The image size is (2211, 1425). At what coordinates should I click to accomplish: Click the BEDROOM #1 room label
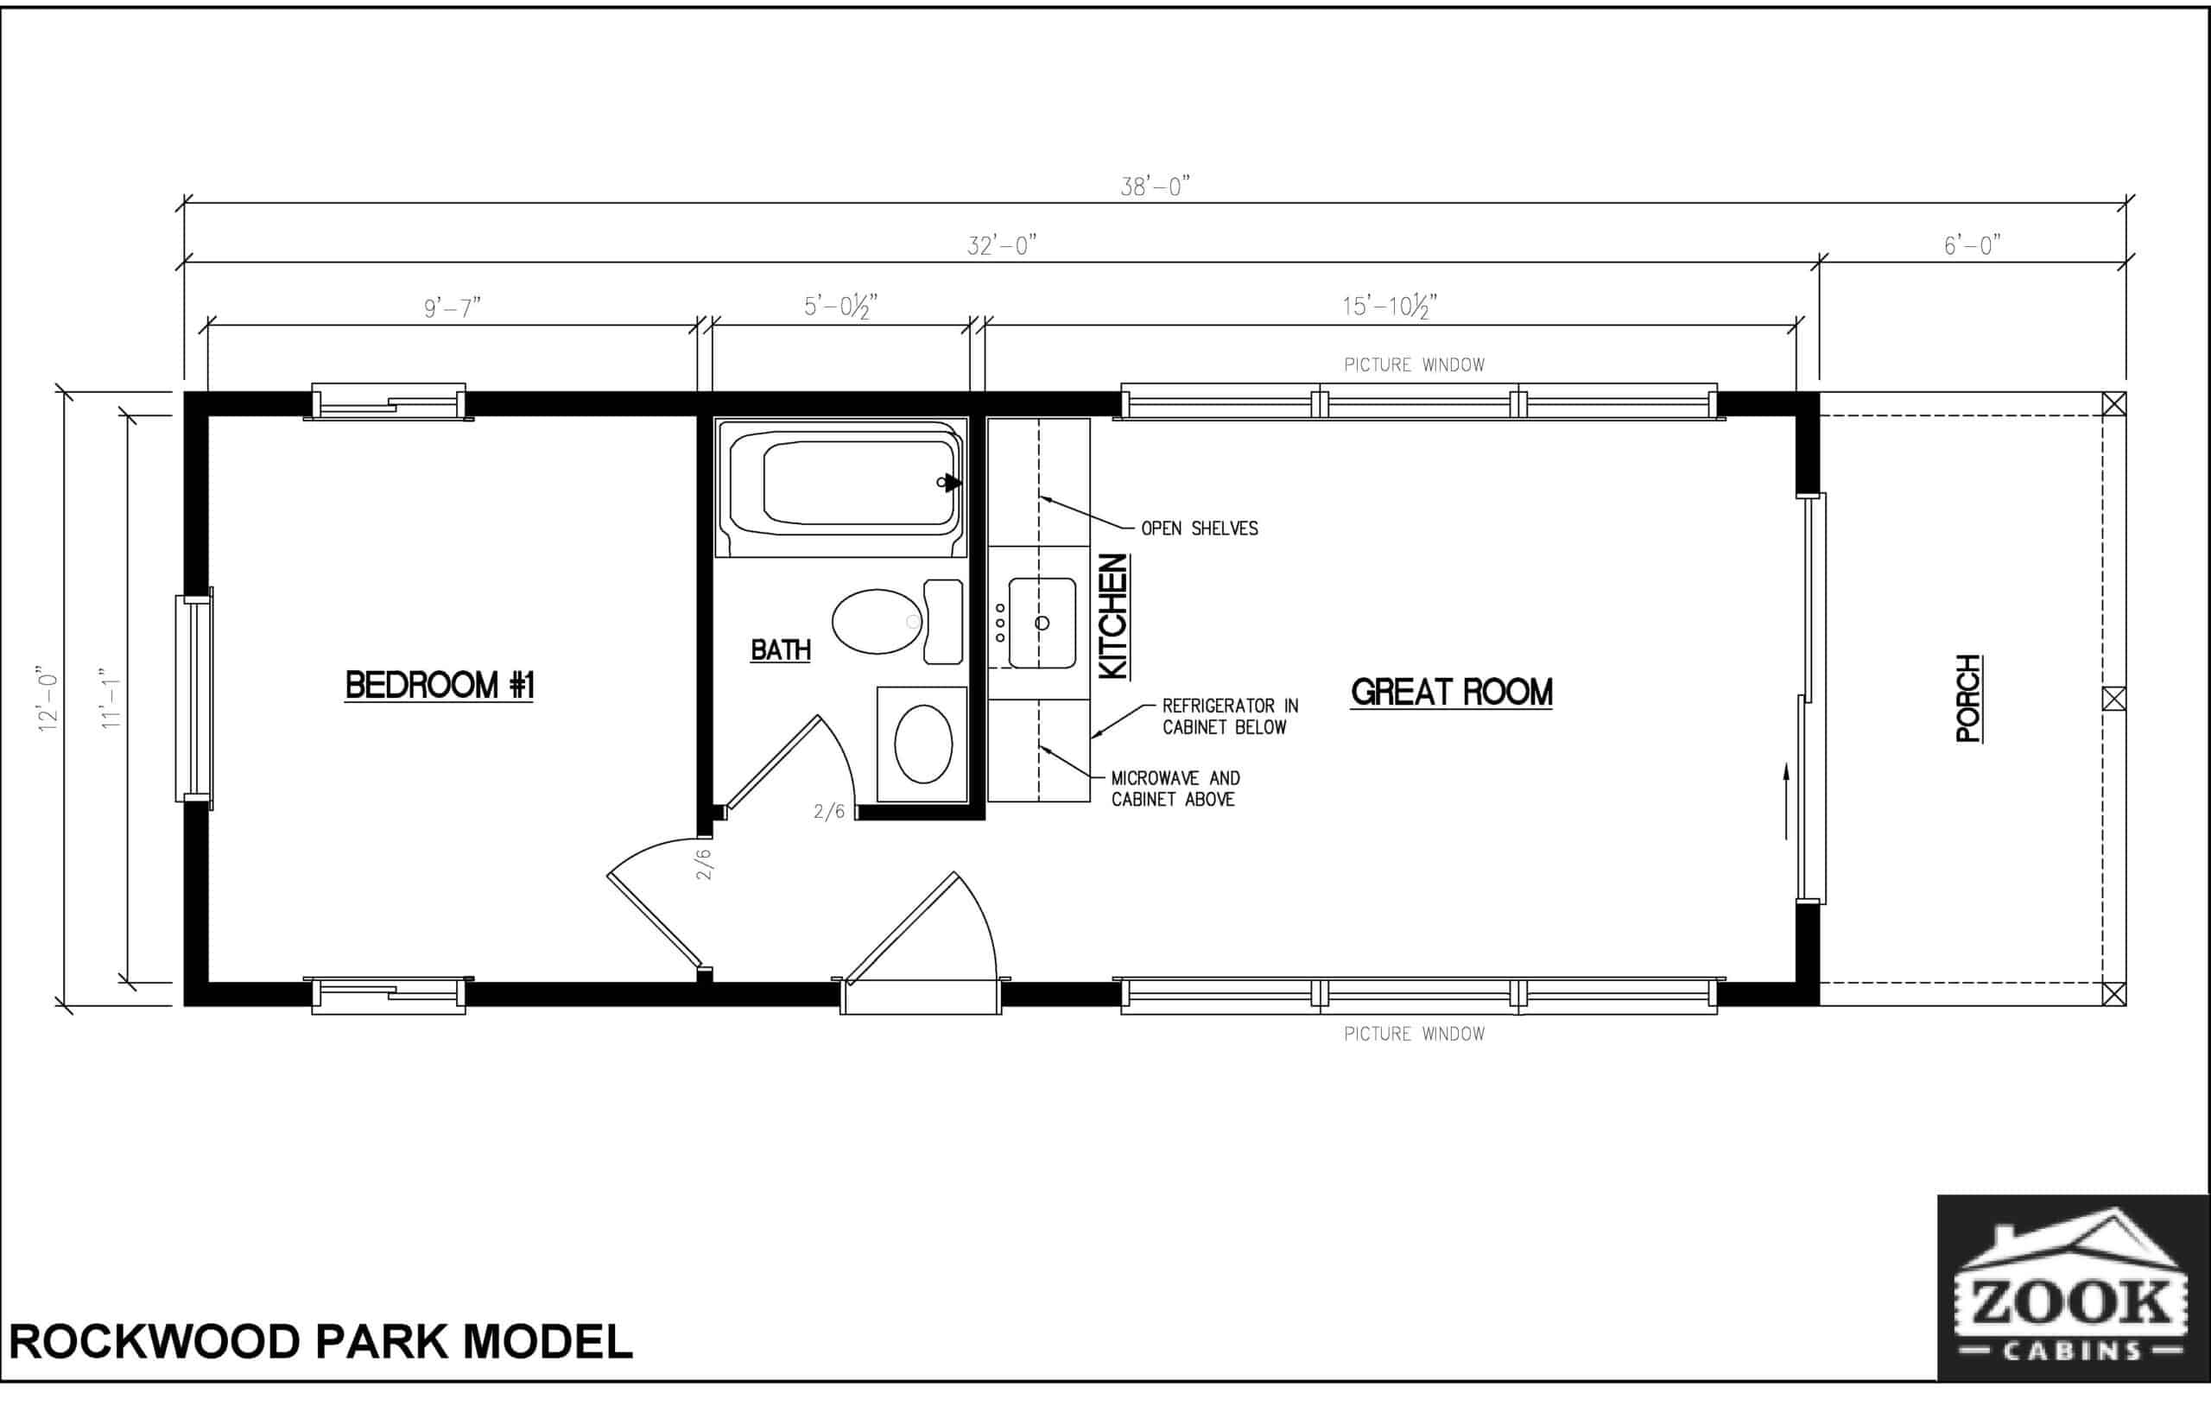click(x=440, y=686)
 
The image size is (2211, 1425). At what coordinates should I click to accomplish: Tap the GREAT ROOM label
click(x=1451, y=692)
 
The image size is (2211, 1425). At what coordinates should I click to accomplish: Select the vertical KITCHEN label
click(x=1113, y=617)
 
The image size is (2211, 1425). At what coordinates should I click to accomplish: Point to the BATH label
click(x=781, y=650)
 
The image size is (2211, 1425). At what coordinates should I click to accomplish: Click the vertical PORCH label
click(x=1968, y=698)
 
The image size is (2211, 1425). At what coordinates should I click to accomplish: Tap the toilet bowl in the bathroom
click(x=876, y=622)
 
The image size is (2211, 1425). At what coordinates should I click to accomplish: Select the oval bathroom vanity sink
click(x=923, y=744)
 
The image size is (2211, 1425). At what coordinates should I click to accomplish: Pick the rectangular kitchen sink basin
click(x=1042, y=623)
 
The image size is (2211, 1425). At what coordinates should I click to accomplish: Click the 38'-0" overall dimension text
click(x=1155, y=187)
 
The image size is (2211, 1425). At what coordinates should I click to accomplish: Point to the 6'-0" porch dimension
click(x=1972, y=246)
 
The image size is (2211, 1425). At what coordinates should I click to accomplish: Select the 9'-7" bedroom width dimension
click(x=453, y=307)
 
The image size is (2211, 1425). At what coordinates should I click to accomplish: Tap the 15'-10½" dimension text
click(x=1390, y=307)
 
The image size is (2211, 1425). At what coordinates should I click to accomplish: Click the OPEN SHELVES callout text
click(x=1199, y=529)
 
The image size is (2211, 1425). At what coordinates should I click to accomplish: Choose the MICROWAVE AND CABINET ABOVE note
click(x=1175, y=788)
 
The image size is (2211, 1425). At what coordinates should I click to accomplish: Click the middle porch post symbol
click(x=2114, y=699)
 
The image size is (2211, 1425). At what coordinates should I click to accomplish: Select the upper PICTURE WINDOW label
click(x=1414, y=364)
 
